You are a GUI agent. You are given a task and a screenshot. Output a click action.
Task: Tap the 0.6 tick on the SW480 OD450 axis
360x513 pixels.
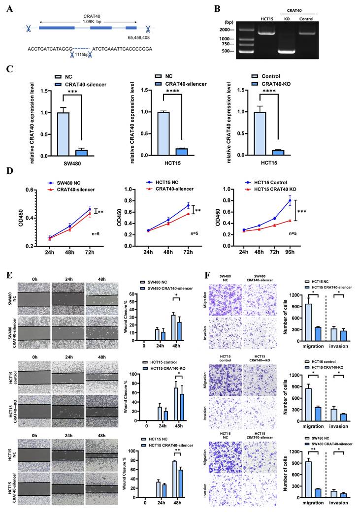click(30, 190)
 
